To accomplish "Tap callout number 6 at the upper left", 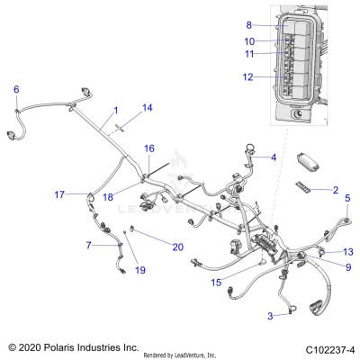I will pos(16,88).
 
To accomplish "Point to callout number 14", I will pos(148,107).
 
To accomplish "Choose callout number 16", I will pos(149,148).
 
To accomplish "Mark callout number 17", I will pos(59,194).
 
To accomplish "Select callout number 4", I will pos(274,157).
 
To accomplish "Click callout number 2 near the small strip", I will pos(335,191).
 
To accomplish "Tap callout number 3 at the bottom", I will pos(269,316).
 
